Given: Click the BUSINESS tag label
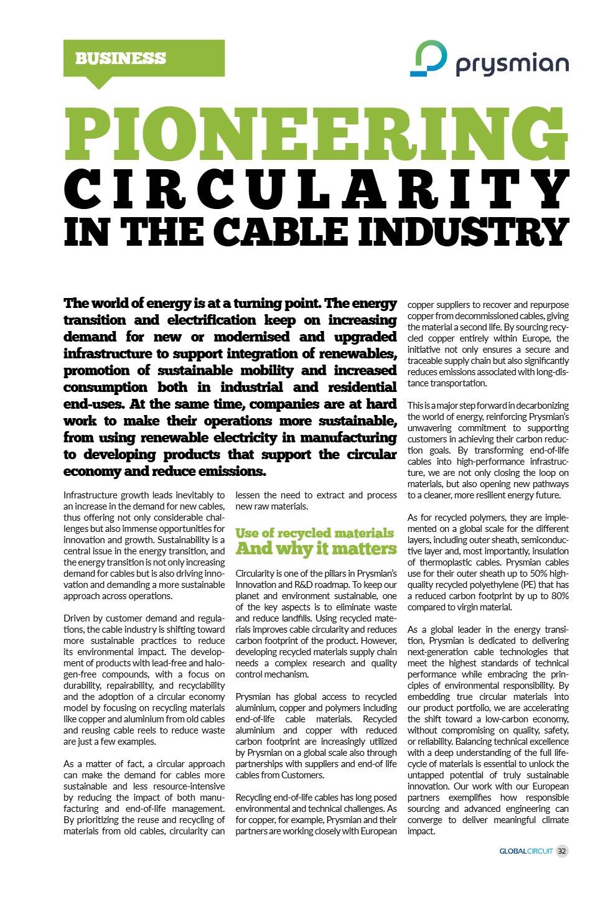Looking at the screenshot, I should [121, 58].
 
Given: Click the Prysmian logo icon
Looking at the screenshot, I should [428, 59].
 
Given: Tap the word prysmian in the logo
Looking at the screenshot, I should [512, 64].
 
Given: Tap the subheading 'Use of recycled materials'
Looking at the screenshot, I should [314, 533].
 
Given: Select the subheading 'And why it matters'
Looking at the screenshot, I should [316, 549].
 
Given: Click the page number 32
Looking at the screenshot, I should [562, 851].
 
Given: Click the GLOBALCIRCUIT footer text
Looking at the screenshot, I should [526, 851].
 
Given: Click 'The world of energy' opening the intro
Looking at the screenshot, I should [124, 304].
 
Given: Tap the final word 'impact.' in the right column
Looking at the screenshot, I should [421, 831].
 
